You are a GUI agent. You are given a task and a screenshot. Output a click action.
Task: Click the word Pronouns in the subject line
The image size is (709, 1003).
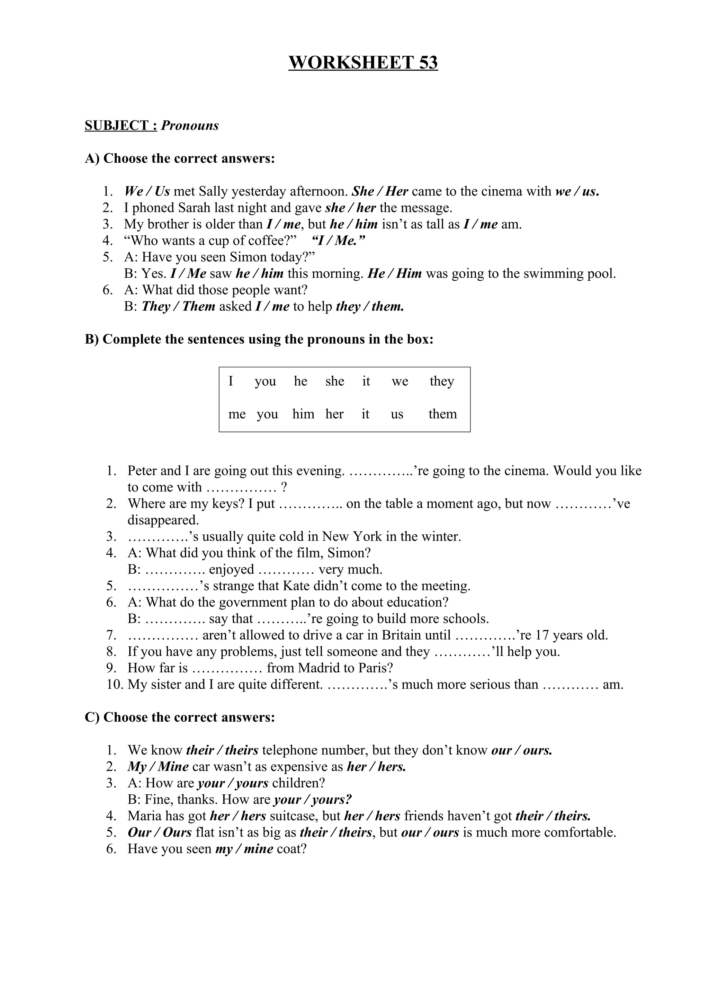click(190, 126)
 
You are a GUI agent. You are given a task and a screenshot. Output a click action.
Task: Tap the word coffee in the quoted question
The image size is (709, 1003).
click(266, 241)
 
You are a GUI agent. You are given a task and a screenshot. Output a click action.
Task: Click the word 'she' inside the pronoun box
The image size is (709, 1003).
click(335, 381)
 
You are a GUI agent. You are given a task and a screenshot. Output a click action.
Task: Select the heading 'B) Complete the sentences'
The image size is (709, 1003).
click(259, 340)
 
